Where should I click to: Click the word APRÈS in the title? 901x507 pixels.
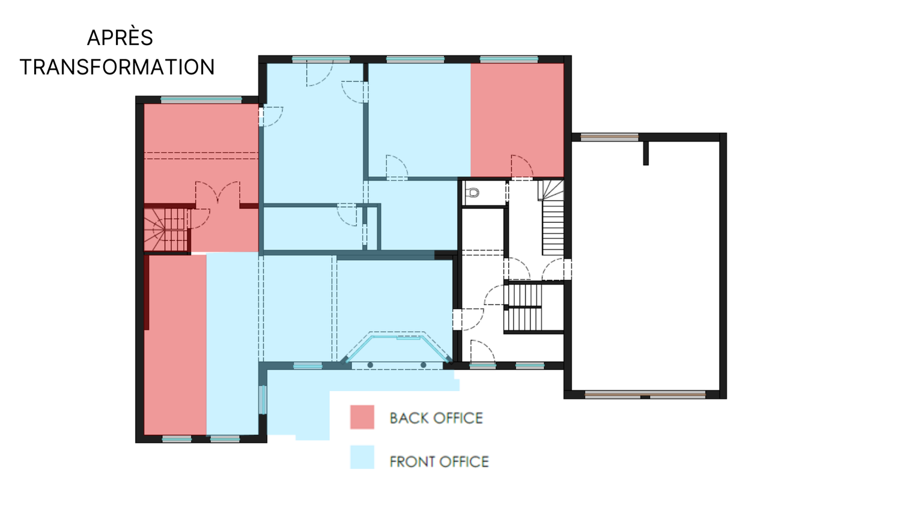[x=120, y=38]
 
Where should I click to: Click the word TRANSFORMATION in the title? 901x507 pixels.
[x=118, y=67]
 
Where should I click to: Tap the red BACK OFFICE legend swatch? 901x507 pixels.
[x=362, y=417]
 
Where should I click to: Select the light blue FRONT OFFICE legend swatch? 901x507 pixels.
[x=362, y=457]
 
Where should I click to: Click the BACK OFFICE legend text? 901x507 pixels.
[x=436, y=418]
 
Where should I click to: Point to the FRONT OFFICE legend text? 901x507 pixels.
[x=439, y=461]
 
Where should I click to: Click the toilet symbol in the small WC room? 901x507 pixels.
[x=473, y=193]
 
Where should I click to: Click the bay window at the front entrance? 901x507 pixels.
[x=396, y=346]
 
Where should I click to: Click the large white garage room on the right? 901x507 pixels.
[x=646, y=266]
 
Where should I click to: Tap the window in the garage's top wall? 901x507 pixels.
[x=610, y=137]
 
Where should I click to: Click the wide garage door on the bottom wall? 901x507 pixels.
[x=645, y=395]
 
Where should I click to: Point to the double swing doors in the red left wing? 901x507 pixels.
[x=217, y=192]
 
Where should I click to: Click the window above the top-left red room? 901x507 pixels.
[x=201, y=100]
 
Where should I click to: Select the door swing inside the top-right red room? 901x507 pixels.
[x=522, y=166]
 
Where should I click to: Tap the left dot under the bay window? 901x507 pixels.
[x=370, y=365]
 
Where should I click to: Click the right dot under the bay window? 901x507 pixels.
[x=423, y=365]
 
